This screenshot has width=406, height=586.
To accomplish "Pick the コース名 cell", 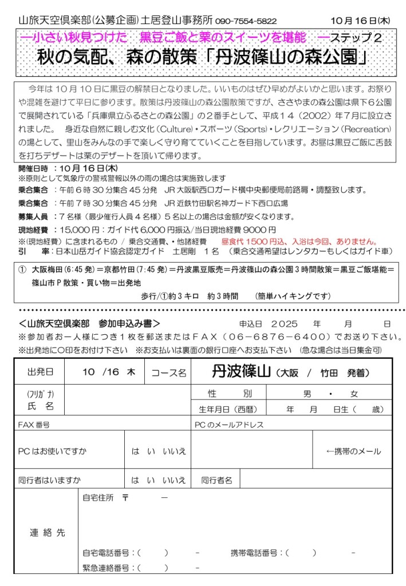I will pos(169,372).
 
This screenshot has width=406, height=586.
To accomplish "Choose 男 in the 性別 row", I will pos(307,394).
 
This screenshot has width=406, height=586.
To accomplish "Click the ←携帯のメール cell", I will pos(353,451).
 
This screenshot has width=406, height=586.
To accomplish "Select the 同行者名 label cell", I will pos(216,480).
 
